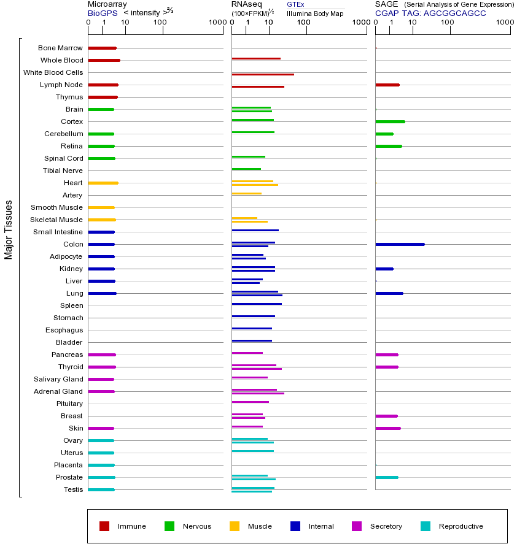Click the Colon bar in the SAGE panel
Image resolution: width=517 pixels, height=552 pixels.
click(x=400, y=244)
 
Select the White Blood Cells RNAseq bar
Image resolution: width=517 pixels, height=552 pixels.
click(x=263, y=74)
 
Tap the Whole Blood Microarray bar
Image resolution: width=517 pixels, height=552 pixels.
click(x=104, y=60)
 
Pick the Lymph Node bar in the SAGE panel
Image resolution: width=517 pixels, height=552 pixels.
click(x=387, y=85)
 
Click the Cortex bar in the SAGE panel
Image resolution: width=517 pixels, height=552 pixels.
click(x=390, y=121)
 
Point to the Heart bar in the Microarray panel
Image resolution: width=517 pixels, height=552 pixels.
click(x=103, y=183)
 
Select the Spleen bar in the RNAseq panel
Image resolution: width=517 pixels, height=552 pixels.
click(x=257, y=304)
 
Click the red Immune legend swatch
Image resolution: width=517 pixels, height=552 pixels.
click(x=104, y=526)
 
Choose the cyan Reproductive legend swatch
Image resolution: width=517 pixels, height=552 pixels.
click(x=426, y=526)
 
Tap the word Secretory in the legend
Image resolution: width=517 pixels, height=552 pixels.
click(x=386, y=526)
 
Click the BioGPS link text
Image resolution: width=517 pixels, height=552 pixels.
click(x=102, y=13)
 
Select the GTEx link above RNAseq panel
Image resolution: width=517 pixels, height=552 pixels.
click(x=295, y=5)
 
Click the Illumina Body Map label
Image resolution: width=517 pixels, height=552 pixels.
click(x=315, y=13)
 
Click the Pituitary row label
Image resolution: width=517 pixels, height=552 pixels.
click(x=69, y=404)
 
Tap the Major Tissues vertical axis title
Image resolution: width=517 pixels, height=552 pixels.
click(x=9, y=229)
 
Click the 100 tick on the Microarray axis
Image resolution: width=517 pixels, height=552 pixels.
click(x=160, y=23)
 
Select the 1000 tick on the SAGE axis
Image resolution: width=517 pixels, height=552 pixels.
click(x=505, y=23)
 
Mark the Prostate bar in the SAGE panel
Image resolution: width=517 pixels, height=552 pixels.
click(x=387, y=477)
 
